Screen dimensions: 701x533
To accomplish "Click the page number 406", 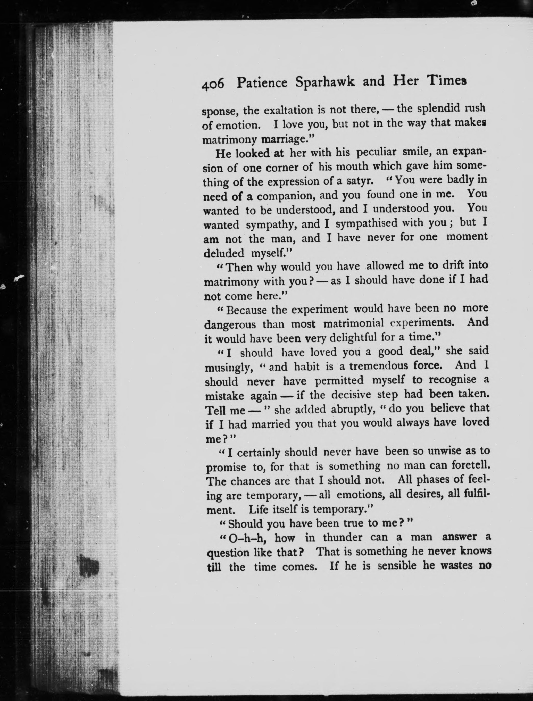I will tap(213, 85).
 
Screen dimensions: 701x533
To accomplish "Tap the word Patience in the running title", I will tap(262, 83).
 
